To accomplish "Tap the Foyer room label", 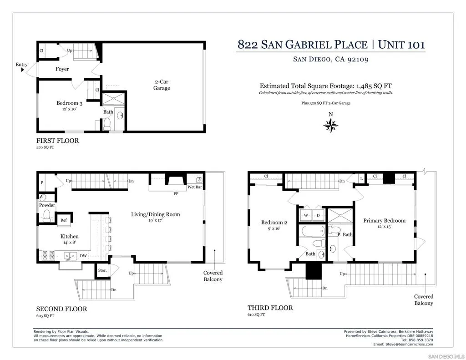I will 62,69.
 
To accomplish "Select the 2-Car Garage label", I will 161,85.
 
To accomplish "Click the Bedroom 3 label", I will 69,103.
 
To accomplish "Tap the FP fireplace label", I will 176,193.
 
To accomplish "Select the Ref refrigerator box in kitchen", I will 64,220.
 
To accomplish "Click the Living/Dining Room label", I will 155,214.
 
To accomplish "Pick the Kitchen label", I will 70,236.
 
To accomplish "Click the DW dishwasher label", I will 83,256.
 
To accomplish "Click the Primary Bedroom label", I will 384,221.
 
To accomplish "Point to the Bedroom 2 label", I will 274,223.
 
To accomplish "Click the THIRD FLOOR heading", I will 270,308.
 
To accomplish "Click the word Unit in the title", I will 393,45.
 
